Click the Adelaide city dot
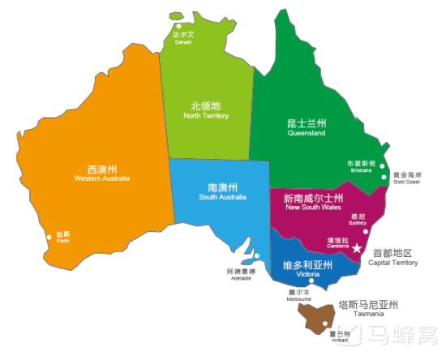coord(257,255)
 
